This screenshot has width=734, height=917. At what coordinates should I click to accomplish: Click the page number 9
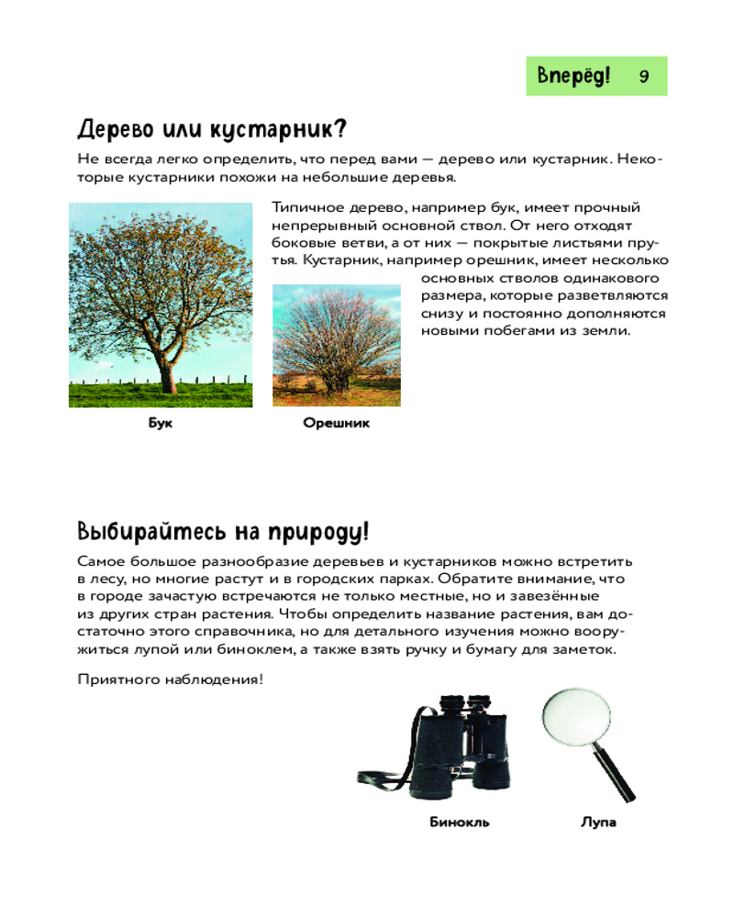coord(644,76)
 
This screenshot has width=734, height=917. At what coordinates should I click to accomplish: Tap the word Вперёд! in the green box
coord(573,76)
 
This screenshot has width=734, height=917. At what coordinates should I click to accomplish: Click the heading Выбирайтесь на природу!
coord(223,531)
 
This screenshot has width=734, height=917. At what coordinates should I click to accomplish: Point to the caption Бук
coord(160,424)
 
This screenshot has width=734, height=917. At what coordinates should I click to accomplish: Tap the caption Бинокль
coord(459,822)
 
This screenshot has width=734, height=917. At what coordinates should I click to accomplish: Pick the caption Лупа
coord(598,822)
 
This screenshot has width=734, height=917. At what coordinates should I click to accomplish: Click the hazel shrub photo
coord(336,346)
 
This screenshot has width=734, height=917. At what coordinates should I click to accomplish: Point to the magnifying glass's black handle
coord(617,776)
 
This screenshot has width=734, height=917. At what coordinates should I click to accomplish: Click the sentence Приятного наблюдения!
coord(170,679)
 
